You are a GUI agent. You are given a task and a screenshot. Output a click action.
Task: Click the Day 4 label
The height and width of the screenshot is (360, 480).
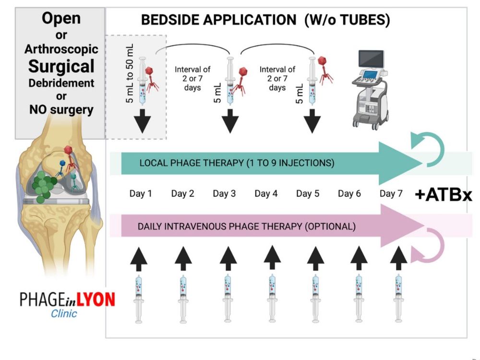[266, 193]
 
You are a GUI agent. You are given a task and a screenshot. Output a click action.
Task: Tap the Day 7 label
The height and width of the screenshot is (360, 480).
[391, 193]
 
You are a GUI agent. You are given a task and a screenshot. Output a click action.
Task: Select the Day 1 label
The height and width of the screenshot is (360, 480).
[141, 193]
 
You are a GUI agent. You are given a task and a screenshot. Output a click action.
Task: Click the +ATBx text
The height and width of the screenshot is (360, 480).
[444, 195]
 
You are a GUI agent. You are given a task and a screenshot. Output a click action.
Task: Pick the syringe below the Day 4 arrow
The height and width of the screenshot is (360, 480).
[272, 298]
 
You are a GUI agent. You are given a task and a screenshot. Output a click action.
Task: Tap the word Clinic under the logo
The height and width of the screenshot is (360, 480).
[64, 314]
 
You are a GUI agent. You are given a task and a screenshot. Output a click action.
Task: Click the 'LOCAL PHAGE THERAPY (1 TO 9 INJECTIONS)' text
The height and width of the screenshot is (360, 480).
[236, 163]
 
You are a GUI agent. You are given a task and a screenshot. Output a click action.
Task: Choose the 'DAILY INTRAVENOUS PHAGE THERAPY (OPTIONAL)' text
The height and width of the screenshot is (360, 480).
[247, 226]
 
